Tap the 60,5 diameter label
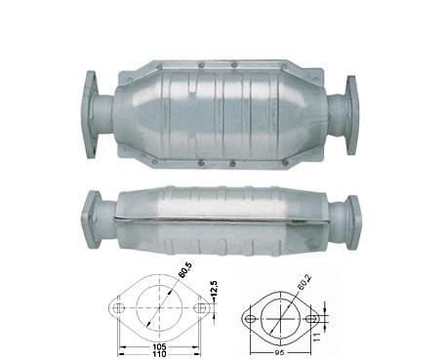click(x=185, y=269)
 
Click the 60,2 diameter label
click(x=303, y=282)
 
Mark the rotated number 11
click(x=318, y=337)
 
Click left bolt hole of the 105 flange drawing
click(x=119, y=307)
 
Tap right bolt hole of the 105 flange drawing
click(x=200, y=307)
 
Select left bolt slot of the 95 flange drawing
click(x=250, y=319)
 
